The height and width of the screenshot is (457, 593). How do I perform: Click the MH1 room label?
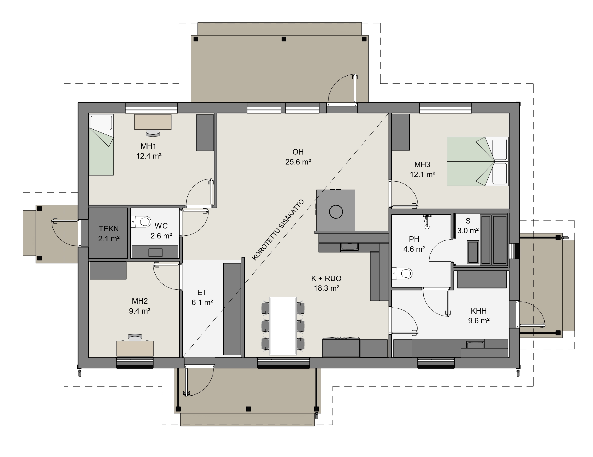148,146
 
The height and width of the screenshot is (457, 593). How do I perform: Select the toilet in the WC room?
141,222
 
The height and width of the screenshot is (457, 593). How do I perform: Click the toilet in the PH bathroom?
402,273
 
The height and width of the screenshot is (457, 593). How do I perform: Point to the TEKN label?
109,229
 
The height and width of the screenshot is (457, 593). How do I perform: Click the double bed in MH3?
478,161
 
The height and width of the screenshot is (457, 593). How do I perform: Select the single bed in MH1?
101,145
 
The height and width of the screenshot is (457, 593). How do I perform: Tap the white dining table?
283,326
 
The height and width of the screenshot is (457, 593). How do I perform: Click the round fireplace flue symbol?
336,211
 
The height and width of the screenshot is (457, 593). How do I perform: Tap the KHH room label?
479,311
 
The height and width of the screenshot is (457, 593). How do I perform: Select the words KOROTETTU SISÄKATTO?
278,230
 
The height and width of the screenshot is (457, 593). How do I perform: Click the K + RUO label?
326,279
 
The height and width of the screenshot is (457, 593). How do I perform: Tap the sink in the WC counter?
156,253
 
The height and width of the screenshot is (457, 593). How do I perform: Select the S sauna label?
468,221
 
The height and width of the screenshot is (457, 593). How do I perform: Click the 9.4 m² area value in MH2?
140,311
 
